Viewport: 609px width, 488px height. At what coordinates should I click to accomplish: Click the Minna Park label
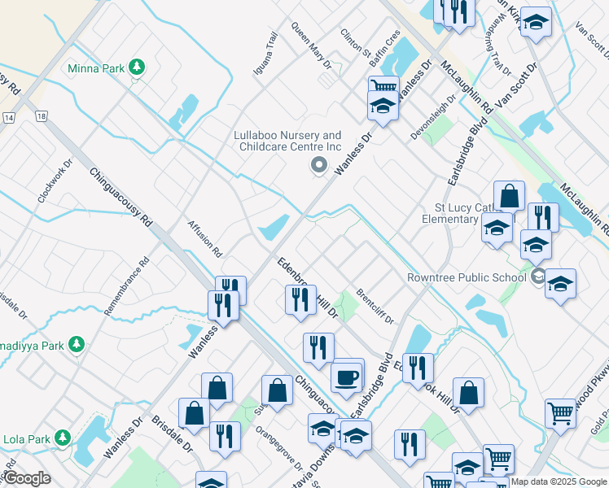click(x=96, y=68)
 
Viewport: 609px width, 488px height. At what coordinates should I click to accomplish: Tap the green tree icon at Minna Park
click(x=138, y=68)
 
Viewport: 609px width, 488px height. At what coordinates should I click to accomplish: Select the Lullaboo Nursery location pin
click(x=319, y=167)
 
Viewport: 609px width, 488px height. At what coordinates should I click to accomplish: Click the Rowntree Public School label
click(x=467, y=277)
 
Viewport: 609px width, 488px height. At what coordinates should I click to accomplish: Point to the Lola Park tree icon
click(x=63, y=440)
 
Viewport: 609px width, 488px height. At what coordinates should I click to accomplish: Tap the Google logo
click(x=26, y=478)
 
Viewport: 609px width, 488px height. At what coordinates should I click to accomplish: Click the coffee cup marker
click(x=347, y=377)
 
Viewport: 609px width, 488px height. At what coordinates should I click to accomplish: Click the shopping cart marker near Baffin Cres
click(x=383, y=87)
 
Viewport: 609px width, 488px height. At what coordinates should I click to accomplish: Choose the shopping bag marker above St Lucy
click(x=508, y=196)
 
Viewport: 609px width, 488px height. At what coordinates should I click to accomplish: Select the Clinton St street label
click(x=355, y=40)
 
